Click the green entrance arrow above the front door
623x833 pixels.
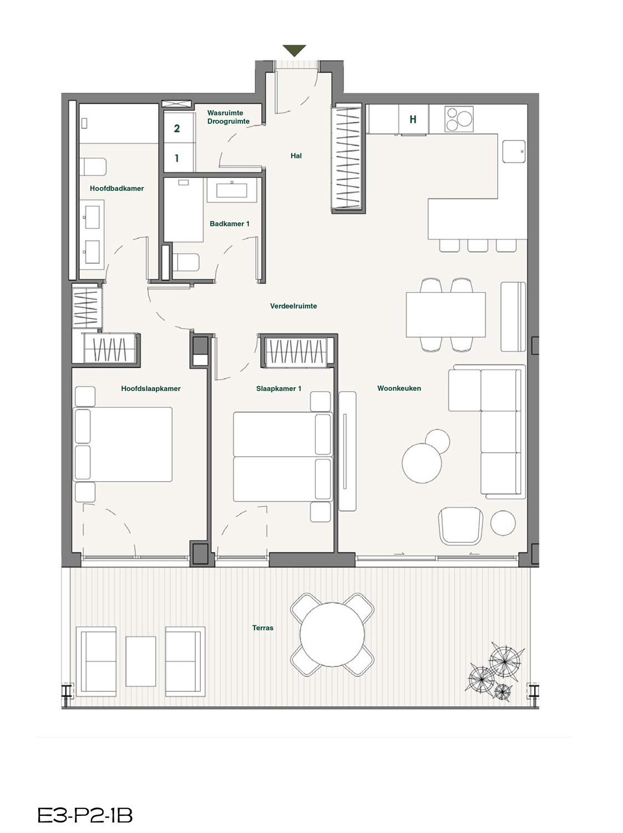[294, 50]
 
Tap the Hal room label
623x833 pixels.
[296, 155]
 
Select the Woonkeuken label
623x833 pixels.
[399, 388]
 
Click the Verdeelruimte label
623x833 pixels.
[293, 306]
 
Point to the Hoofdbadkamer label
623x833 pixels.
[117, 188]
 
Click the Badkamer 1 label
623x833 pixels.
[230, 224]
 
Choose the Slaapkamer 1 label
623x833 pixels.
[278, 389]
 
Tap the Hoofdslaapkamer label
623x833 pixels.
[151, 389]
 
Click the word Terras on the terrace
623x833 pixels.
[262, 628]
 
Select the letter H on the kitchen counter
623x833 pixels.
[413, 119]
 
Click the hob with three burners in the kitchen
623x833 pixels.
[459, 119]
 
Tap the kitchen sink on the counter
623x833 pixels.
[514, 152]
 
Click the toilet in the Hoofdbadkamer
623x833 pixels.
[93, 167]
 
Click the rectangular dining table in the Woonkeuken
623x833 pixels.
[445, 315]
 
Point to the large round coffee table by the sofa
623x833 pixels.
[422, 463]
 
